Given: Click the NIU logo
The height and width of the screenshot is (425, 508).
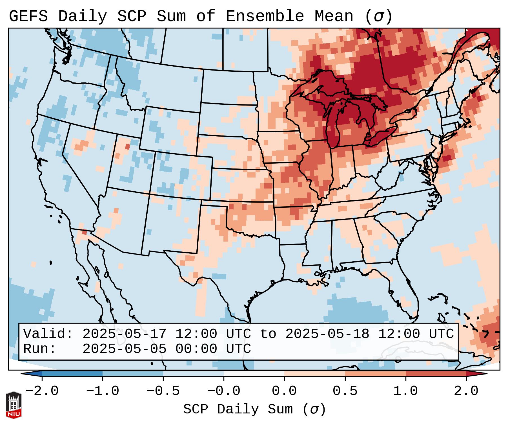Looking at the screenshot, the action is [x=14, y=405].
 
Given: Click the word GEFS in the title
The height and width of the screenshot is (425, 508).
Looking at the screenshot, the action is [x=28, y=16].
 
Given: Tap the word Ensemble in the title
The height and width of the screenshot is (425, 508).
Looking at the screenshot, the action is [x=265, y=16].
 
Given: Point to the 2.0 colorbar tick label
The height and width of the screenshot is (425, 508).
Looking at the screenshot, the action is [x=466, y=391].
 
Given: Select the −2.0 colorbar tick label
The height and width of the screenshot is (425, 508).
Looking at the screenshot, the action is [x=42, y=391].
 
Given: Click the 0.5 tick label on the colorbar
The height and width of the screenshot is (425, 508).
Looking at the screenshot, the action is [x=345, y=391].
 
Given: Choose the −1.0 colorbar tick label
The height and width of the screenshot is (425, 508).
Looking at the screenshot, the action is [x=103, y=391].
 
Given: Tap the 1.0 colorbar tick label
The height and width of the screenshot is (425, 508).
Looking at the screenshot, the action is [x=406, y=391].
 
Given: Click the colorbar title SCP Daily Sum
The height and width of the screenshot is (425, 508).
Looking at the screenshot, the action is [x=238, y=409].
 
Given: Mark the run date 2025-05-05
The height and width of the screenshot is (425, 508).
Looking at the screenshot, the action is [x=125, y=349].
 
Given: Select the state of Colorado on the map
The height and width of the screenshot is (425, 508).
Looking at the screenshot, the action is [x=183, y=175].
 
